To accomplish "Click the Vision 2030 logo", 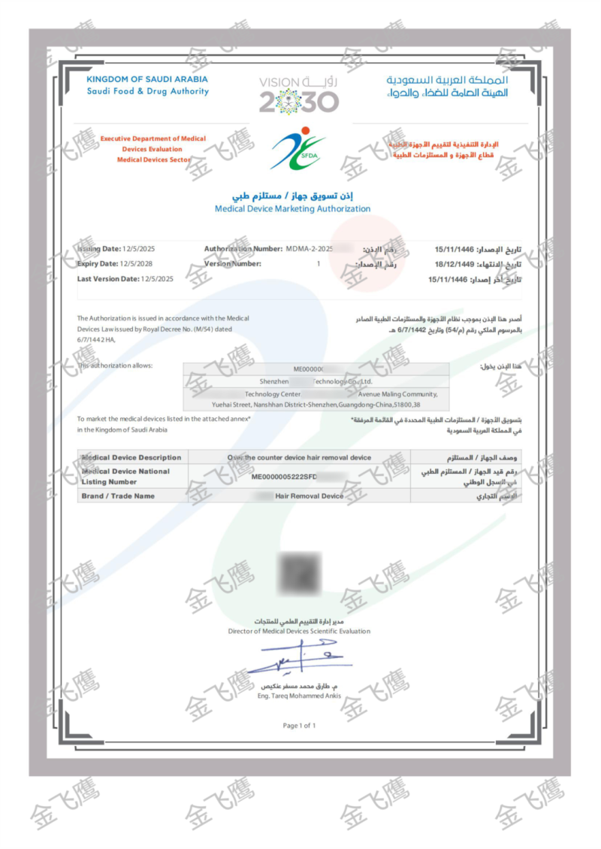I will point(299,95).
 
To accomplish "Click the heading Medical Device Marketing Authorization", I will point(292,208).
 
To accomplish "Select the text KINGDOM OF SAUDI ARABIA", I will point(147,79).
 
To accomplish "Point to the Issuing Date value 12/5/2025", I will point(139,249).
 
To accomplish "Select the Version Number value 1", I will point(319,264).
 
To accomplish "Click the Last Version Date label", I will point(108,279).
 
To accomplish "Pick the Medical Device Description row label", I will point(131,457).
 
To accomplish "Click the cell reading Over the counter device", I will point(299,457).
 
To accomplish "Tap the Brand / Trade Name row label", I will point(118,496).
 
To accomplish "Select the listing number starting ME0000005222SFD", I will point(289,477).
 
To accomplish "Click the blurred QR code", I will point(299,575).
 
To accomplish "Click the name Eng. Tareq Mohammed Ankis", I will point(299,696).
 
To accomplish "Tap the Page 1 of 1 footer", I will point(299,726).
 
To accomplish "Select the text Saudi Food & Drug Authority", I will point(147,92).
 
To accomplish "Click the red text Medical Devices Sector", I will point(153,159).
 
